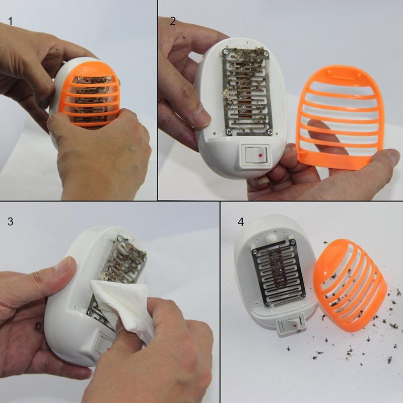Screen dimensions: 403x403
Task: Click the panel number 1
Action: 10,21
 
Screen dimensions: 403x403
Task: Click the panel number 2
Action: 173,21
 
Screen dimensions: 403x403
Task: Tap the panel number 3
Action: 10,222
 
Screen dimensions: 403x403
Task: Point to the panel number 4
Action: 241,222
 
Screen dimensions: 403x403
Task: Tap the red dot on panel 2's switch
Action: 260,155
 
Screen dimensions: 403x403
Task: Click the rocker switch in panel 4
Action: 292,326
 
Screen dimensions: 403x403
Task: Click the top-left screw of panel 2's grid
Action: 226,51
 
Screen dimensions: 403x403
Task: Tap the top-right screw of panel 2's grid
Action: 266,54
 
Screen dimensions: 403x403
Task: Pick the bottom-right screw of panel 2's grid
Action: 270,132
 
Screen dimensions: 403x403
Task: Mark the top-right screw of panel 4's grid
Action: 292,242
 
